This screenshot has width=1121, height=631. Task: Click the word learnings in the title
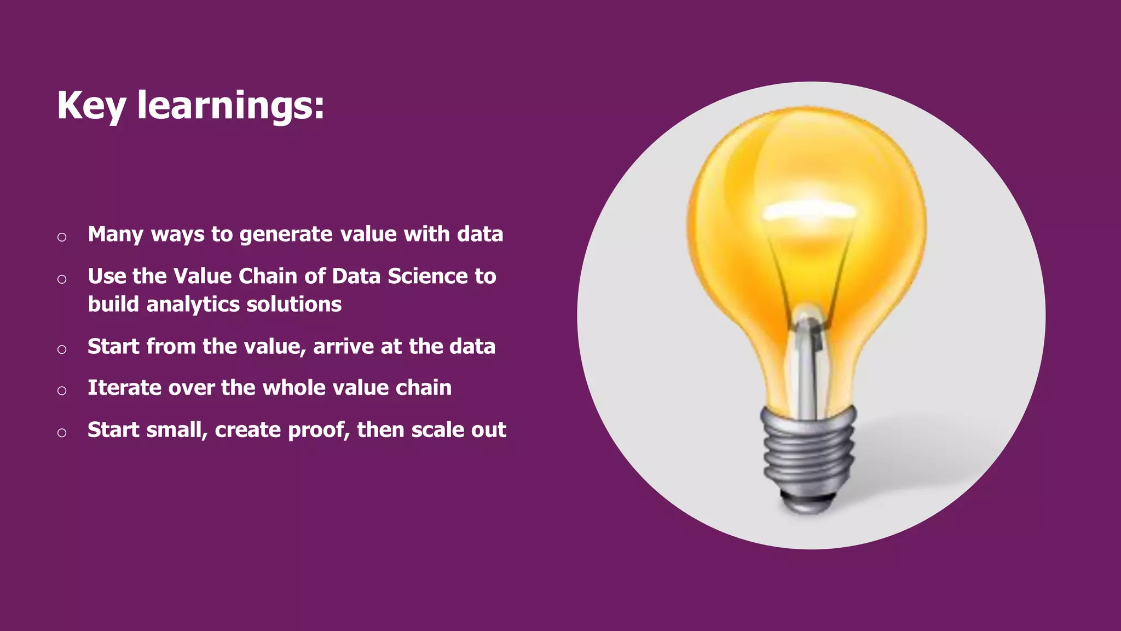tap(230, 105)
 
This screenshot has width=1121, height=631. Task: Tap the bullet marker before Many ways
tap(62, 237)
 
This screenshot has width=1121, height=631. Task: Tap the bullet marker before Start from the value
tap(62, 349)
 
